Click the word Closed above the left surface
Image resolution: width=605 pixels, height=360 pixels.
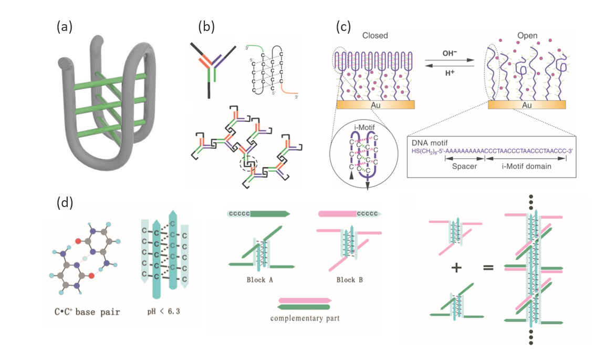[374, 36]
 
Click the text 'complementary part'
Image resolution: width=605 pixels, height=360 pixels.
[305, 318]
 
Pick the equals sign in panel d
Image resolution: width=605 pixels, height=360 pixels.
[489, 268]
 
